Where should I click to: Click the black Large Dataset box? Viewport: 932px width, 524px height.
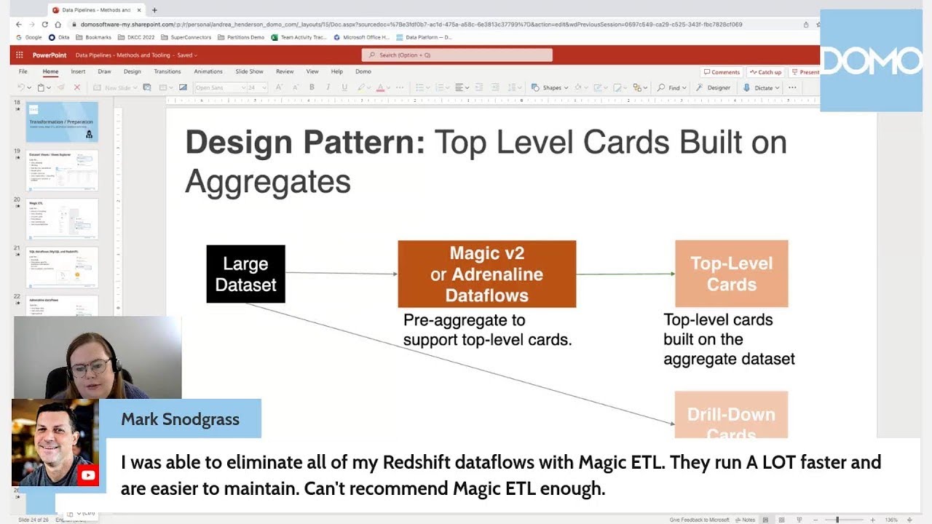point(245,274)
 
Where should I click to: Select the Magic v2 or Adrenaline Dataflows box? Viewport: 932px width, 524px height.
point(486,274)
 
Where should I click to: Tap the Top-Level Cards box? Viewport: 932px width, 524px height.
point(731,274)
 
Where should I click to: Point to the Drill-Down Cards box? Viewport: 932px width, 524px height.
point(731,416)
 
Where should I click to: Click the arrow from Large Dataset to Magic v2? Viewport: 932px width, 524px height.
point(341,274)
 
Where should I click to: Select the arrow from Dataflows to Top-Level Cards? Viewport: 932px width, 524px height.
point(625,274)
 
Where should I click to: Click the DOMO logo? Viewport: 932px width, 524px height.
point(871,61)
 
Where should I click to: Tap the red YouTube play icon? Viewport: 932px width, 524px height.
point(88,475)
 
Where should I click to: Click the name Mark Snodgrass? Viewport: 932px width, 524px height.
point(180,419)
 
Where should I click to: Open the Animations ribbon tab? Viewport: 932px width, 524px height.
point(208,71)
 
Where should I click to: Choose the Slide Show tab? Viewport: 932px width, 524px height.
point(249,71)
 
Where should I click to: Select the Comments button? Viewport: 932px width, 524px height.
point(721,72)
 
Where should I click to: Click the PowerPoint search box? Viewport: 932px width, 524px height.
point(457,55)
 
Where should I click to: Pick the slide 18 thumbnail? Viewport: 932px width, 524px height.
point(62,122)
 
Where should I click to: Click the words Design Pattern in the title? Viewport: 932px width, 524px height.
point(304,143)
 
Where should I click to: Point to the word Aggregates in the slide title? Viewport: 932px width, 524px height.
point(267,181)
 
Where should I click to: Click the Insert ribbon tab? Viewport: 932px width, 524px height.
point(78,71)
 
